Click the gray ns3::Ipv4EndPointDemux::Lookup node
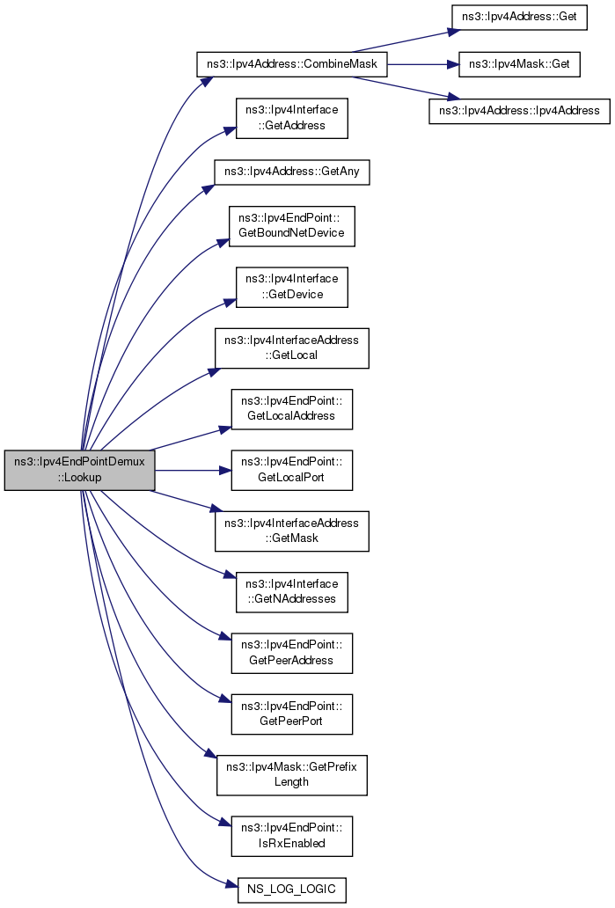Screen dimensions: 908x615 [x=79, y=469]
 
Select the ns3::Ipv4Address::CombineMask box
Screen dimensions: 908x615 [x=291, y=65]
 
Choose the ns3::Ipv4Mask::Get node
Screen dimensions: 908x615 [x=519, y=65]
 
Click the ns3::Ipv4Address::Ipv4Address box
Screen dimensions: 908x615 [x=519, y=111]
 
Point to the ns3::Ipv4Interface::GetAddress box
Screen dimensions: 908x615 [x=291, y=118]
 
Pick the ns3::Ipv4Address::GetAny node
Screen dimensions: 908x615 [x=291, y=171]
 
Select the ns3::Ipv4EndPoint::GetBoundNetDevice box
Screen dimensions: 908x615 [x=291, y=225]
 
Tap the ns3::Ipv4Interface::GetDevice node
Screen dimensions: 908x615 [x=291, y=287]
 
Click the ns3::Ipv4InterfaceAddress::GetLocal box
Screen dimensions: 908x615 [x=291, y=348]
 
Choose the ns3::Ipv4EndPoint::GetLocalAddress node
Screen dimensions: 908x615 [x=291, y=408]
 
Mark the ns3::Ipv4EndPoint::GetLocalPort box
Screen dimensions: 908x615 [x=291, y=470]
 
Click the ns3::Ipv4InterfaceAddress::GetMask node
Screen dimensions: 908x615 [x=291, y=530]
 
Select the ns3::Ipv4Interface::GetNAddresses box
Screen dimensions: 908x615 [x=291, y=591]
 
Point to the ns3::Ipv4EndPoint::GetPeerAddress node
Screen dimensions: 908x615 [x=291, y=653]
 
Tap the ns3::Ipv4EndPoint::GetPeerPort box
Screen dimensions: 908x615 [x=291, y=714]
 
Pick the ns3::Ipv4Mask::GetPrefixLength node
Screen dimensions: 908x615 [x=291, y=774]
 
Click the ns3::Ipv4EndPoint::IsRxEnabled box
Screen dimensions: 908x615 [x=291, y=835]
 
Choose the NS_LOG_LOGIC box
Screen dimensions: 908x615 [x=291, y=889]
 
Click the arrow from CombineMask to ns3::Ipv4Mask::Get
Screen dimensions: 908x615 [x=422, y=65]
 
